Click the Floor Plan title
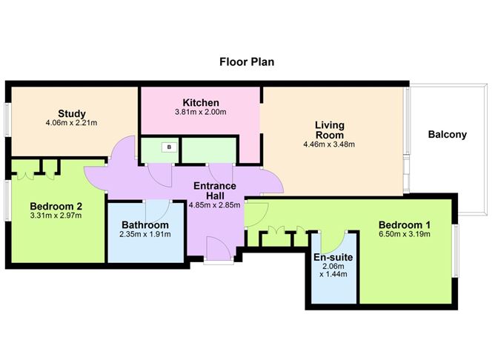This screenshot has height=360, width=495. point(247,61)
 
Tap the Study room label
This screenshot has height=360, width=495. point(72,113)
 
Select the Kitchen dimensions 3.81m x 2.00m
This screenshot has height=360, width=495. point(201,112)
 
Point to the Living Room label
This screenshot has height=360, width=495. point(330,130)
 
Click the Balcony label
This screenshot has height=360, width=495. point(448,134)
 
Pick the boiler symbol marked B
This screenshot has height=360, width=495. point(169,147)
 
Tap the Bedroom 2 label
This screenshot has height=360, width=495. point(56,207)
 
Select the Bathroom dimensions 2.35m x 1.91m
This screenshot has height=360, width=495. point(145,234)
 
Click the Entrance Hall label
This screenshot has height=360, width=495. point(215,190)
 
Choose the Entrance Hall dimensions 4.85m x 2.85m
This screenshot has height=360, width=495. point(214,205)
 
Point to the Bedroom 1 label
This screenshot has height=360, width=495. point(405,225)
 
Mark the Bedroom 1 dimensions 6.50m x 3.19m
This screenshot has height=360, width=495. point(405,234)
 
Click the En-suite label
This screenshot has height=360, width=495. point(333,257)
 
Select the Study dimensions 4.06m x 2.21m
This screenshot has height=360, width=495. point(71,122)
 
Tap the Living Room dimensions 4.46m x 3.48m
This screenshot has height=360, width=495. point(329,144)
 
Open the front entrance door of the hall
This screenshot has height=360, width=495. point(219,249)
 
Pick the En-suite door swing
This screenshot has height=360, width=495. point(332,241)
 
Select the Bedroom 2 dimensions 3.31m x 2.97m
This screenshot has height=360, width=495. point(56,216)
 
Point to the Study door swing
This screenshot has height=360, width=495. point(124,147)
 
